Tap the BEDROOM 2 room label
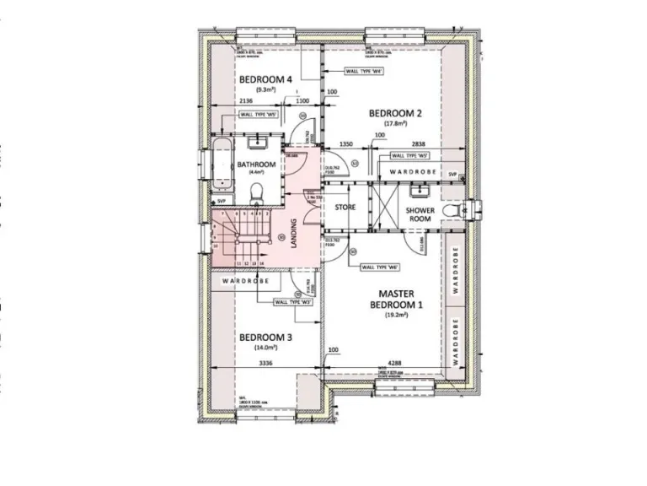pos(395,113)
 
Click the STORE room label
pos(345,207)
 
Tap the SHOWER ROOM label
pos(420,214)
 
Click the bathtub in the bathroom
pos(221,165)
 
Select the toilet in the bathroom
pos(259,192)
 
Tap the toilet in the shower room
pos(456,208)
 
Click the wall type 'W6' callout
pos(378,267)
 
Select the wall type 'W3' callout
pos(296,301)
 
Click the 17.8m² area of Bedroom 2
pos(395,125)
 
